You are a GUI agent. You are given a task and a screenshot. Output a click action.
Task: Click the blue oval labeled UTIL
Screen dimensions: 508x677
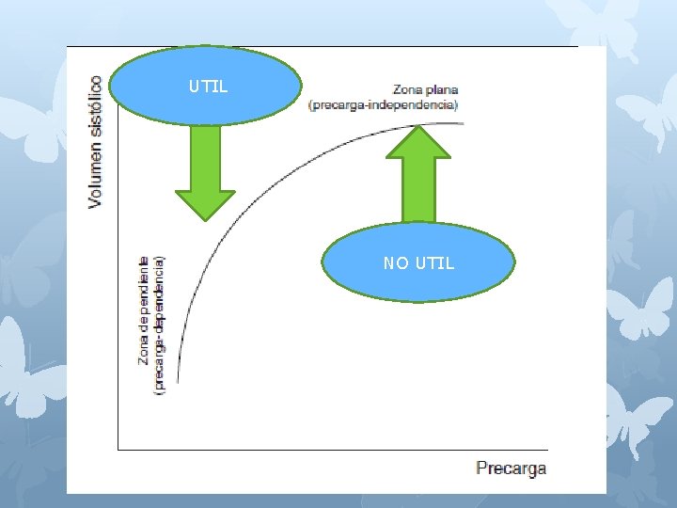point(207,87)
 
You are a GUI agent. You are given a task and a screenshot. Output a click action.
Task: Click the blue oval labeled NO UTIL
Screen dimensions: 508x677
point(418,262)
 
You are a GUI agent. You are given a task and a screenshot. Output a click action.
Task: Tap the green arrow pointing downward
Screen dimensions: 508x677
point(205,174)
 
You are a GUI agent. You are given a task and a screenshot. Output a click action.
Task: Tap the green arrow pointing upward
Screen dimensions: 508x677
point(418,174)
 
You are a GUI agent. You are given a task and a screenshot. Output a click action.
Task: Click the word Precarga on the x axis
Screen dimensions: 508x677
point(511,468)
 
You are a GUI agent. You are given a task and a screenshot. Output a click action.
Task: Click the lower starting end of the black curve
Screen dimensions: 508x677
point(178,380)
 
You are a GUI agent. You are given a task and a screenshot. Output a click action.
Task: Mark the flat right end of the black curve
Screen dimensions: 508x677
point(462,123)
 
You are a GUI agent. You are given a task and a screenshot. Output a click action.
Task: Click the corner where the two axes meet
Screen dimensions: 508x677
point(118,449)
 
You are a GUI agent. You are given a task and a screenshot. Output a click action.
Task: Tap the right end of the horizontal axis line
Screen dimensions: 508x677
point(546,449)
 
